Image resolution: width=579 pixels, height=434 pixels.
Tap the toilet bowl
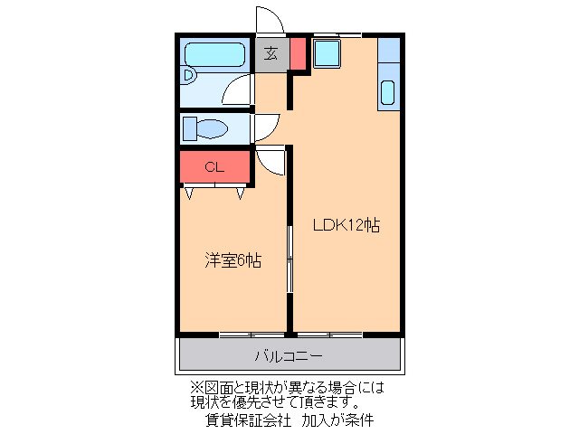tap(210, 128)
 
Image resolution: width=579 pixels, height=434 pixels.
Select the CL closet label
tap(214, 166)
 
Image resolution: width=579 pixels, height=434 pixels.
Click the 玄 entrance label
tap(271, 53)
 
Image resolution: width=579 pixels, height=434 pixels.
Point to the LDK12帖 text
tap(346, 225)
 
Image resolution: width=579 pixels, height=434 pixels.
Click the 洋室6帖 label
tap(233, 260)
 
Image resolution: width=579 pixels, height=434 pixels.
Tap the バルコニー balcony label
tap(288, 355)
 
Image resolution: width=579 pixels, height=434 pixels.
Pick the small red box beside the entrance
tap(298, 55)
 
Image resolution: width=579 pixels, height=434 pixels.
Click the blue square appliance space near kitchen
tap(326, 54)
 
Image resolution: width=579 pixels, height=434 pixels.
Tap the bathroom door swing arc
tap(239, 91)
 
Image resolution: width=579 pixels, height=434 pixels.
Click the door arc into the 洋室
tap(270, 160)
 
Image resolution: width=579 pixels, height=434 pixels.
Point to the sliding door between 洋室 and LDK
tap(289, 259)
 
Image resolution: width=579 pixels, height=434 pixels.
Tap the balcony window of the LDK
tap(329, 335)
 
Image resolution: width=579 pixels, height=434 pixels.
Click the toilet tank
tap(189, 128)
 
